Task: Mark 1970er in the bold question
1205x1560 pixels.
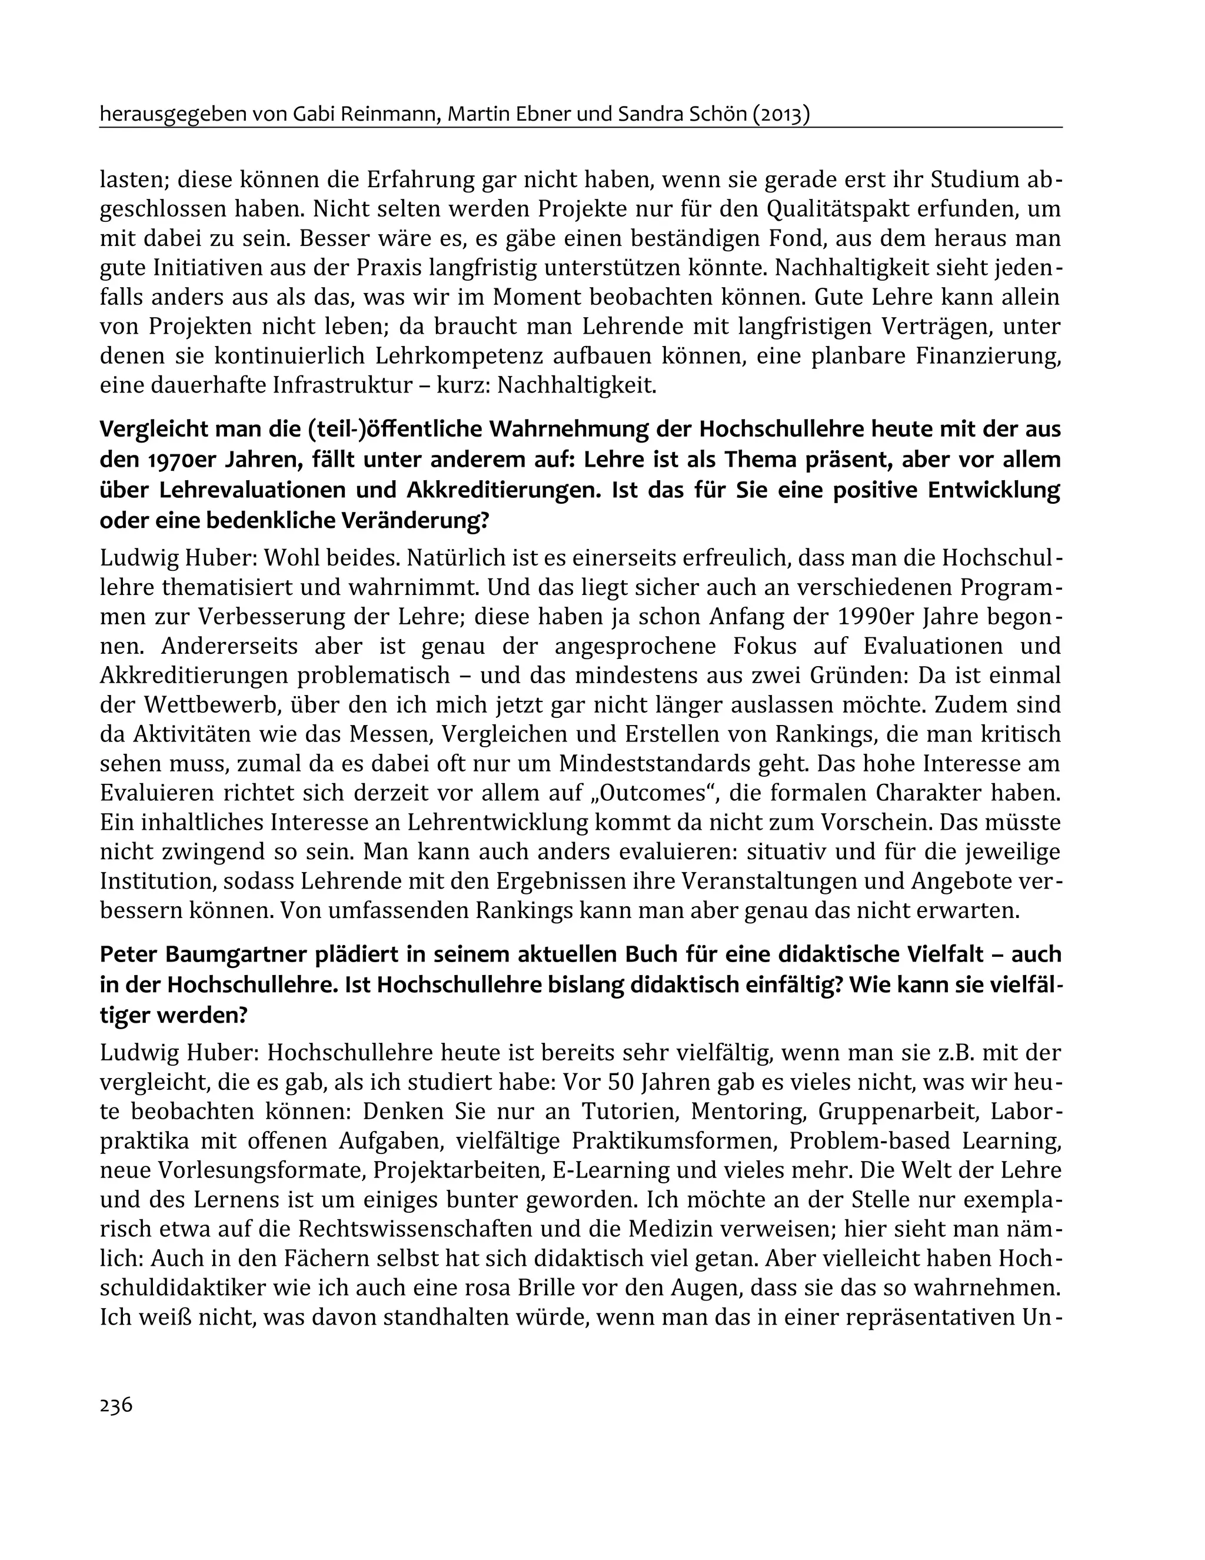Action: coord(177,461)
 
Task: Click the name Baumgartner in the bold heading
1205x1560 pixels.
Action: coord(235,955)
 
